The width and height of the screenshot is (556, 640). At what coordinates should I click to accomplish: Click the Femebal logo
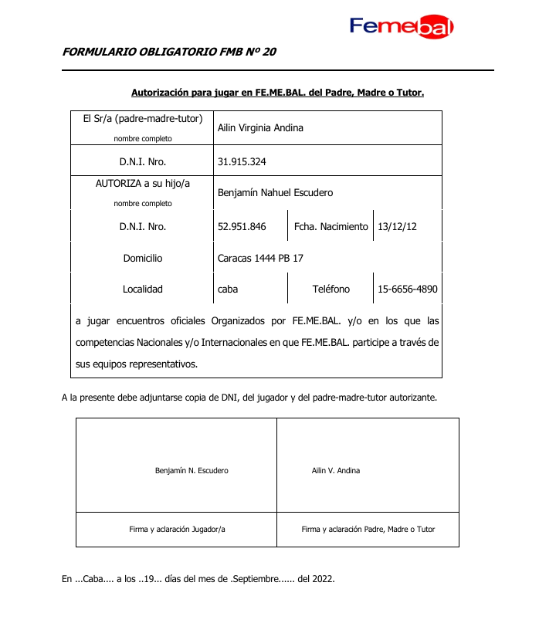(x=402, y=27)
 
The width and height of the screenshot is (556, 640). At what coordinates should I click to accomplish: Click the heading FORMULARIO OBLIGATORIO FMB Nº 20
(x=168, y=52)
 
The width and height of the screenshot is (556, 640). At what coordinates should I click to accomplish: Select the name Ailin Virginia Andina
(x=260, y=128)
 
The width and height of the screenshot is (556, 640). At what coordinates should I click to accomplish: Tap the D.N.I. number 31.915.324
(x=242, y=162)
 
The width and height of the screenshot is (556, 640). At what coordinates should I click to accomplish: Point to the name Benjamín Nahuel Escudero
(x=275, y=193)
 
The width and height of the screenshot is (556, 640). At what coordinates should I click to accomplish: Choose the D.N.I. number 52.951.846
(x=242, y=227)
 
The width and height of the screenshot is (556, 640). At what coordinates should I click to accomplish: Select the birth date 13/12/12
(x=397, y=227)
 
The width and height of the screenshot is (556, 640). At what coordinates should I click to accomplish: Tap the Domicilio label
(x=143, y=259)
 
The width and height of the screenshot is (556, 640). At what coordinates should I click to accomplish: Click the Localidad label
(x=143, y=290)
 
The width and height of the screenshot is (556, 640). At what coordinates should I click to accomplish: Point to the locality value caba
(x=228, y=290)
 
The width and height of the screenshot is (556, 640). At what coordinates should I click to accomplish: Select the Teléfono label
(x=331, y=290)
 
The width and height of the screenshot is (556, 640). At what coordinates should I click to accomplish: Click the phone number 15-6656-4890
(x=408, y=290)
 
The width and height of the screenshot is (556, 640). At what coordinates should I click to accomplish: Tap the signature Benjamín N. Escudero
(x=192, y=470)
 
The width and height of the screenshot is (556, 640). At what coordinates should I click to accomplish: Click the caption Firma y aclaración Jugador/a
(x=177, y=530)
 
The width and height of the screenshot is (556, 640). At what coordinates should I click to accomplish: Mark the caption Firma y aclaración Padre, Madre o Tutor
(x=368, y=530)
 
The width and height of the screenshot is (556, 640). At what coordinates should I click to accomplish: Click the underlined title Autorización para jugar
(x=278, y=93)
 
